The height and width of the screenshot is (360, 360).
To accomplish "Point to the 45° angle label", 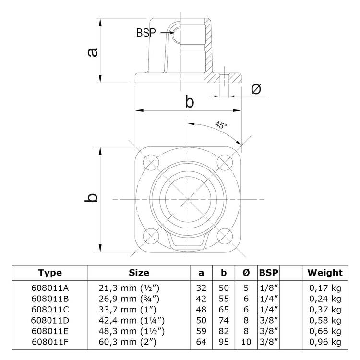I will [220, 126].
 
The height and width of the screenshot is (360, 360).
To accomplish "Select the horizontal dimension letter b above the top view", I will [189, 102].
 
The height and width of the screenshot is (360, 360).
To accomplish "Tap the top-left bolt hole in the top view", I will [150, 162].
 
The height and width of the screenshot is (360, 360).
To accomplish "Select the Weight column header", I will [325, 273].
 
